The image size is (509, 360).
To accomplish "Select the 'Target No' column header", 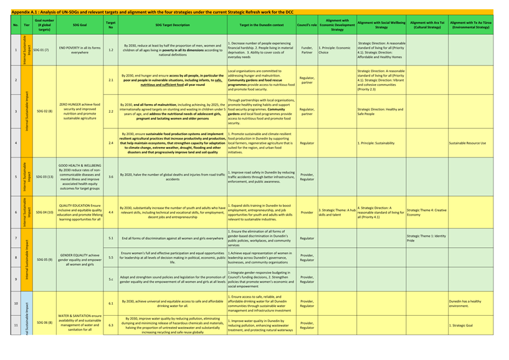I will [x=111, y=25].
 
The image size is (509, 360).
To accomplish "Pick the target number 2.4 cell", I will [x=111, y=143].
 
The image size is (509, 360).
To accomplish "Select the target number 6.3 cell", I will [x=111, y=324].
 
